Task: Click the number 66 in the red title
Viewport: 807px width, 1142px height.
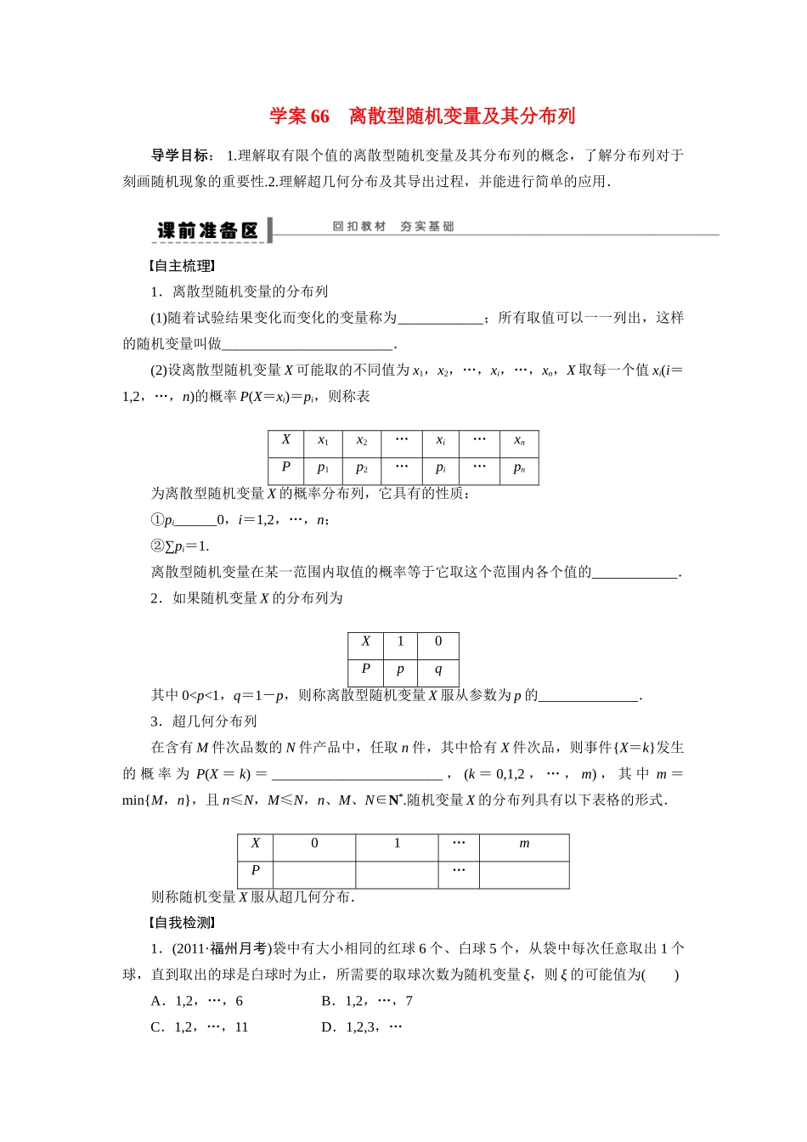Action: [319, 116]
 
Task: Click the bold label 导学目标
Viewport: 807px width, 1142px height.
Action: [181, 155]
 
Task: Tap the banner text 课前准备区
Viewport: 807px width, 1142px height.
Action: [207, 230]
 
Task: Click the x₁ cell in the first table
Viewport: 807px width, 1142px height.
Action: [323, 441]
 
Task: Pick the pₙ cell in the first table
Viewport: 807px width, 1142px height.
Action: [519, 468]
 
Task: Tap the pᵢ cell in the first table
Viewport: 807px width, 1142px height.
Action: [440, 468]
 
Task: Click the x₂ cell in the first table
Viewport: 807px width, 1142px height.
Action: [362, 441]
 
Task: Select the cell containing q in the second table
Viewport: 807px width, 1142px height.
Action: [438, 670]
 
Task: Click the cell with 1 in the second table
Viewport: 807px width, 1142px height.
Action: [400, 642]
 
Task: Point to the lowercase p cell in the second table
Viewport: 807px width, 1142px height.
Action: [400, 670]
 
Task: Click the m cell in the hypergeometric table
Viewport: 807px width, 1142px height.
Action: [524, 845]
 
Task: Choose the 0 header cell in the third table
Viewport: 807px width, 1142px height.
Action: [314, 845]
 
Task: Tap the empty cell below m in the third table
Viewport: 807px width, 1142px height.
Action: [524, 873]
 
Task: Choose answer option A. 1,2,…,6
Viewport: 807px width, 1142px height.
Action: [197, 1001]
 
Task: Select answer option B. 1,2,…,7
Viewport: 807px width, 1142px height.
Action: [367, 1001]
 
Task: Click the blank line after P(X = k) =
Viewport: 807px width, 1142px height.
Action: [357, 774]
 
